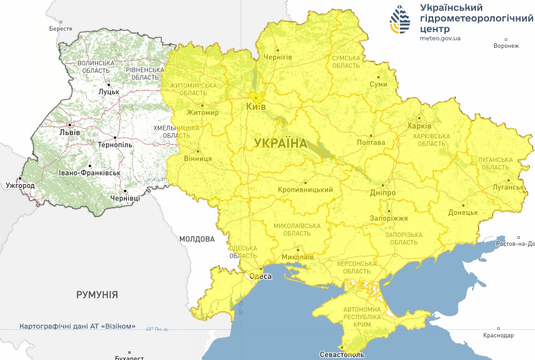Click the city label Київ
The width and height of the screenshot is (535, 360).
[x=256, y=107]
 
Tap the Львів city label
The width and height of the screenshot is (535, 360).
[x=69, y=133]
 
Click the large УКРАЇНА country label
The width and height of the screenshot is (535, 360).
[x=281, y=143]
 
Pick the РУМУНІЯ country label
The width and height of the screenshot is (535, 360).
[x=97, y=294]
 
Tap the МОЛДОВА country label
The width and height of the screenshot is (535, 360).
[x=196, y=239]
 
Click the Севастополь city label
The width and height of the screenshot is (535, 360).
[x=341, y=355]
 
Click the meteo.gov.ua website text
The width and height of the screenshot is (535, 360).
[x=440, y=38]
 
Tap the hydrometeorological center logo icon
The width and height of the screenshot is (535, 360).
[x=400, y=19]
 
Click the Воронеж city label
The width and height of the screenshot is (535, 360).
[x=506, y=46]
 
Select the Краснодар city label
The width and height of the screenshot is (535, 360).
[x=499, y=335]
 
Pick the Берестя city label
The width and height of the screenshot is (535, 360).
[x=60, y=29]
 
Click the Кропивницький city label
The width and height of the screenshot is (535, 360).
[x=305, y=190]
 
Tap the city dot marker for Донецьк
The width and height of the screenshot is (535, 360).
[x=463, y=205]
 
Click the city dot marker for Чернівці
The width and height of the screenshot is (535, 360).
[x=125, y=190]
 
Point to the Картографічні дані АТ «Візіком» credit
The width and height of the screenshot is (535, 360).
[x=77, y=327]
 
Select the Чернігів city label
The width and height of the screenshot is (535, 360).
[x=277, y=57]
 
